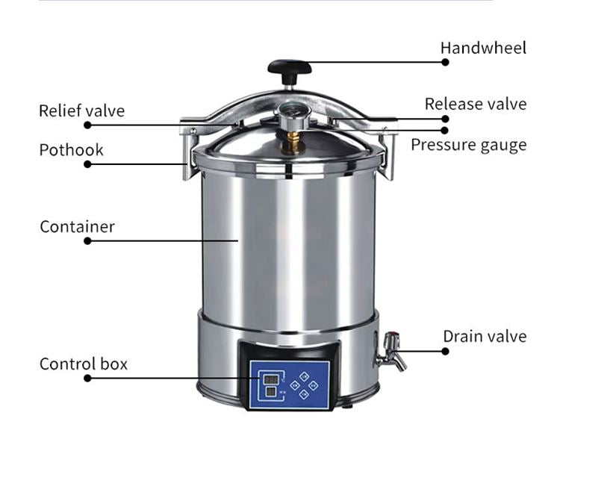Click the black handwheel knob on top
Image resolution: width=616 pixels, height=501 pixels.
[x=290, y=69]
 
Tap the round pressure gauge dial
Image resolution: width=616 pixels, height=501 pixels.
[x=289, y=116]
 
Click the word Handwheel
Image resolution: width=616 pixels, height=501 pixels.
[x=482, y=48]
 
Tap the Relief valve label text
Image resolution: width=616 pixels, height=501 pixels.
[x=81, y=111]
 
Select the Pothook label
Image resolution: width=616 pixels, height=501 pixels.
[x=71, y=149]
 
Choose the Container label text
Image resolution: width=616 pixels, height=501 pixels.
[x=77, y=226]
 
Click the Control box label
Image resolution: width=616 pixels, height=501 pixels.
[x=83, y=364]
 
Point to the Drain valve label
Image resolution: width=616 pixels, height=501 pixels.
[x=484, y=337]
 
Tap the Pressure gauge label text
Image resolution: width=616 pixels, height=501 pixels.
[x=468, y=145]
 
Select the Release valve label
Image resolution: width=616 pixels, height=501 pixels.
[x=475, y=104]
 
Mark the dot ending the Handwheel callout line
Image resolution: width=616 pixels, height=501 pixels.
[x=445, y=62]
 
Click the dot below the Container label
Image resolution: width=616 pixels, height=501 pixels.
[x=87, y=241]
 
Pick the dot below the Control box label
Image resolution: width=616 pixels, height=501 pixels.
[x=87, y=379]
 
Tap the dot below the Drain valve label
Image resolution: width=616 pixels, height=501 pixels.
[x=445, y=351]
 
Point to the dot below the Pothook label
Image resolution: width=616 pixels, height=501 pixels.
[x=87, y=164]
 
